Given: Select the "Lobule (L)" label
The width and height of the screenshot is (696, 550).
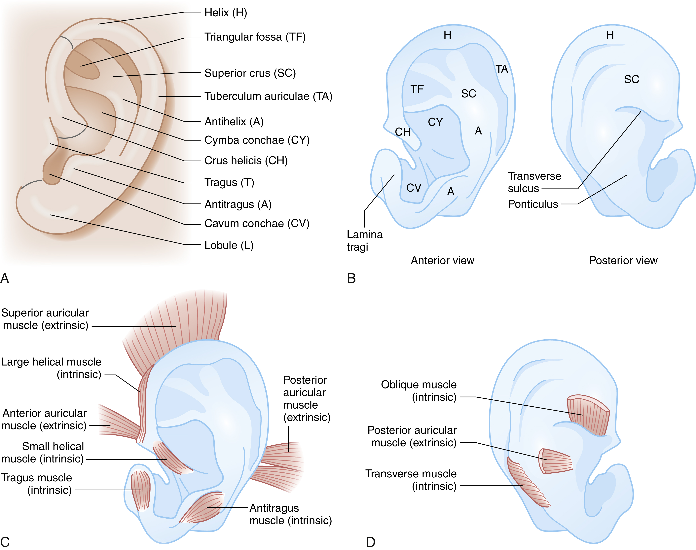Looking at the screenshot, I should [x=229, y=245].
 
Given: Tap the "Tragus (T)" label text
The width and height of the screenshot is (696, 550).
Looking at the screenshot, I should [x=229, y=183].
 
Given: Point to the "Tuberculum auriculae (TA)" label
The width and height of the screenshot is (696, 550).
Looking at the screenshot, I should [x=268, y=96].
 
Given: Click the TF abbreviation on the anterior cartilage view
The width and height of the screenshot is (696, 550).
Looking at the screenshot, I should [x=417, y=89].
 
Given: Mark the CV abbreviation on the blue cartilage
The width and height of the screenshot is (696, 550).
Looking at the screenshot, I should [x=414, y=188].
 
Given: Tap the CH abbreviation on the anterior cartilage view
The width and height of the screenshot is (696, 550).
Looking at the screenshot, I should [x=402, y=132].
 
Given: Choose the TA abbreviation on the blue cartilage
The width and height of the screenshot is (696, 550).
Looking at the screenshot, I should [x=501, y=69].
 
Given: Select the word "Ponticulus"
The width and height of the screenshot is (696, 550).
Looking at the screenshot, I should [x=533, y=204].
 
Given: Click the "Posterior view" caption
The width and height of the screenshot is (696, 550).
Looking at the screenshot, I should [x=623, y=261].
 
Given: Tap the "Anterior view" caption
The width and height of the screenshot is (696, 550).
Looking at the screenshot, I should [x=442, y=261].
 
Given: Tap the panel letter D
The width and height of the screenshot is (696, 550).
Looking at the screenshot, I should [x=371, y=542].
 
